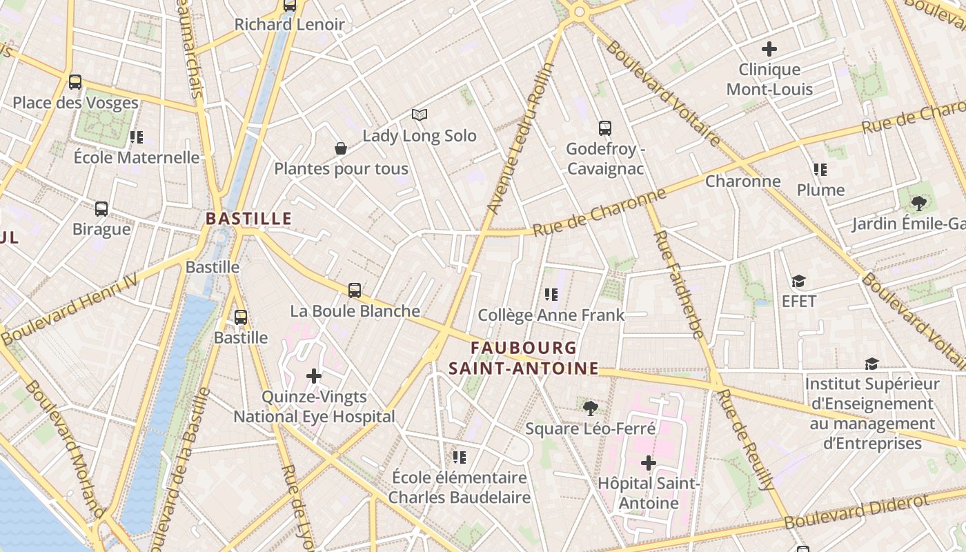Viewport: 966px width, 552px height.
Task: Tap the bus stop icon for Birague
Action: coord(101,208)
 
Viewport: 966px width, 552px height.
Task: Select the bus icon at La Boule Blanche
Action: coord(355,290)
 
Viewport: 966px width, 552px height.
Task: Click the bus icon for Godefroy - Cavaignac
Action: coord(605,128)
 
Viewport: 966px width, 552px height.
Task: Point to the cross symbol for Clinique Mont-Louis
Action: coord(769,49)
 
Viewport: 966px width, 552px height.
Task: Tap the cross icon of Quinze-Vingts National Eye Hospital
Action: coord(314,376)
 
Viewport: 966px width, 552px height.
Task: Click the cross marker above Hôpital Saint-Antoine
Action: coord(649,463)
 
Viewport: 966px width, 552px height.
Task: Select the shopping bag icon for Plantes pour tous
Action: coord(341,148)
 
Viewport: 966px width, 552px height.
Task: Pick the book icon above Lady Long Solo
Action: coord(420,115)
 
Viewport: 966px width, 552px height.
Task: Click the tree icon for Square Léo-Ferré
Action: coord(590,408)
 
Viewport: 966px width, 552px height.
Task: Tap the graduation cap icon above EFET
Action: coord(799,282)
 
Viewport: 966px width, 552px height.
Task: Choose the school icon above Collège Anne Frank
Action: coord(551,295)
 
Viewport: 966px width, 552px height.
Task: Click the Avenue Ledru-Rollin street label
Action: coord(520,138)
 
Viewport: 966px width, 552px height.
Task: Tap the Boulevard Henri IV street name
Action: coord(70,308)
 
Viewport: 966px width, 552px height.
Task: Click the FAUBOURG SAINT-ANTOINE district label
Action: coord(524,357)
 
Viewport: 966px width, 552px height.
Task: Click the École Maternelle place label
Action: coord(137,157)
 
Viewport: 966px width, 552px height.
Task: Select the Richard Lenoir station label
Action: coord(289,25)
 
